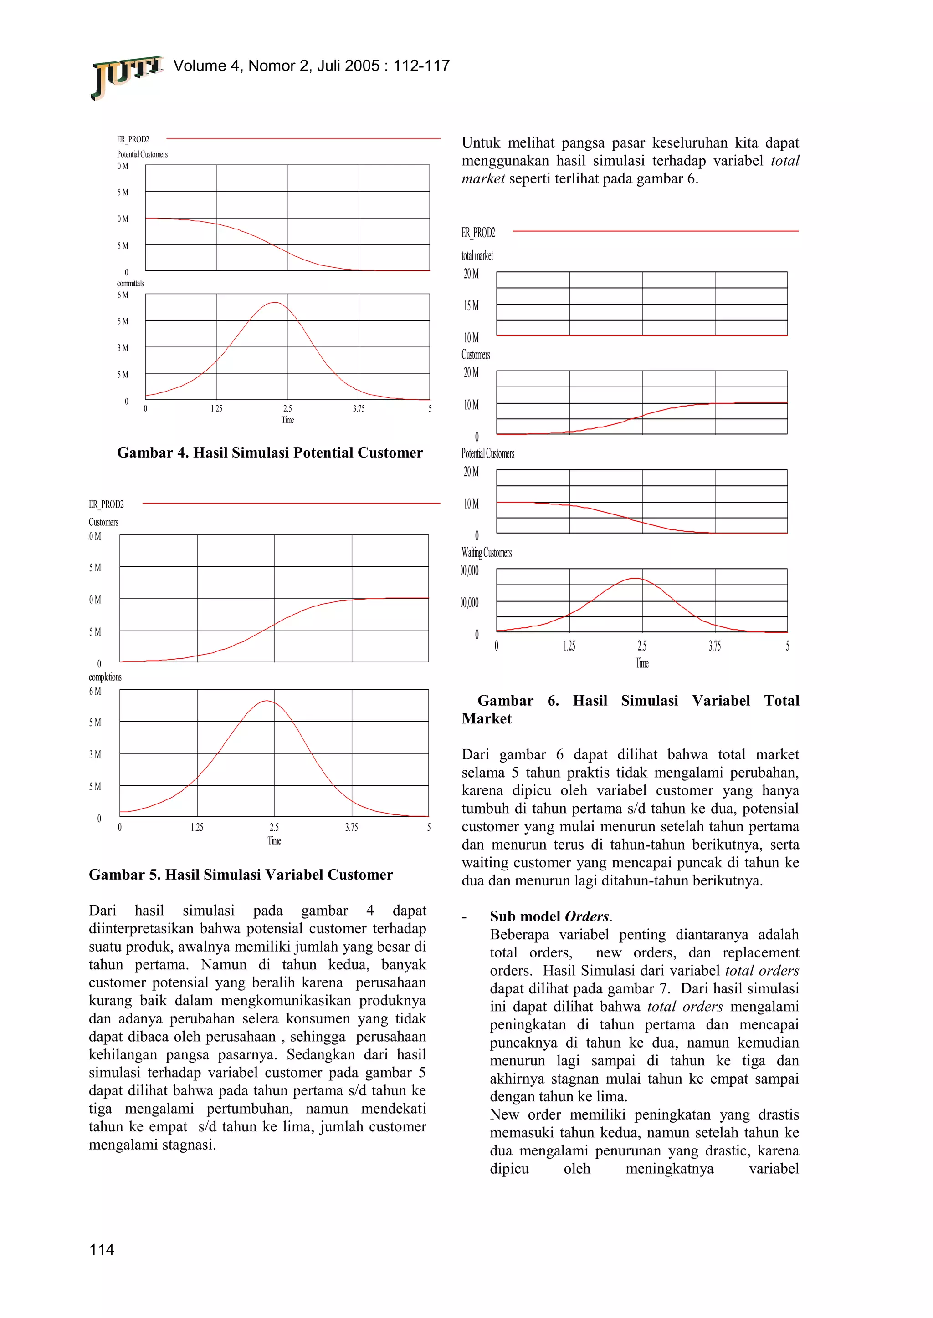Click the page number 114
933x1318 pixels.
[102, 1249]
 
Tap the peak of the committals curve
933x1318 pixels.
[275, 302]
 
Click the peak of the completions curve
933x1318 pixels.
[267, 701]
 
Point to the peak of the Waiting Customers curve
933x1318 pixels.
[634, 578]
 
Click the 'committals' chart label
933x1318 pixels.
[130, 284]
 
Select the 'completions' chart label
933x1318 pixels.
[105, 677]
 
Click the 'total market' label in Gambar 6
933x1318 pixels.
[477, 256]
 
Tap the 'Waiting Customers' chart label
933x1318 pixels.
[486, 553]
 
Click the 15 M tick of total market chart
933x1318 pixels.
[471, 306]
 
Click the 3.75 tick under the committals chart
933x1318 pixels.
[359, 409]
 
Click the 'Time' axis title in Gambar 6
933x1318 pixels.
[642, 664]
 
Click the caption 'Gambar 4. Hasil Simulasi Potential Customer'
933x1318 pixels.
[269, 453]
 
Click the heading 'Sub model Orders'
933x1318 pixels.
[550, 916]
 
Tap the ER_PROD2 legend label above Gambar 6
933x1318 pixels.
[478, 233]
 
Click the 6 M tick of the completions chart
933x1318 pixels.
[95, 691]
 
